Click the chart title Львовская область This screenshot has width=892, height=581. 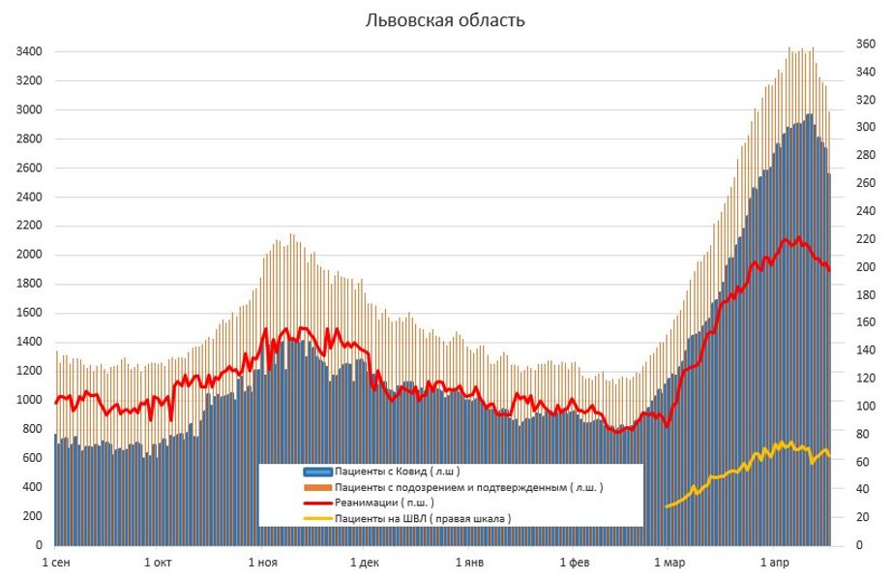pos(445,20)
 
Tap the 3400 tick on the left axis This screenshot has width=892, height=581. pos(28,51)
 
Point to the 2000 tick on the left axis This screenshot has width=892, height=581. pos(28,255)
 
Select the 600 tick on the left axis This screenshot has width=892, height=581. pos(32,458)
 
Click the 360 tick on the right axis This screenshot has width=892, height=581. pos(864,44)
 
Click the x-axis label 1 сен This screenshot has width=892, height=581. pos(55,562)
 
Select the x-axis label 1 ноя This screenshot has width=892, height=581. pos(262,562)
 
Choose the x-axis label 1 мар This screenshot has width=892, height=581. pos(669,562)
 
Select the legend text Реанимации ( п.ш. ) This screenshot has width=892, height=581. pos(384,503)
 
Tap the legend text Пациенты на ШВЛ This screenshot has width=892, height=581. pos(422,518)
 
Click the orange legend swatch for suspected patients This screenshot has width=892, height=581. pos(317,487)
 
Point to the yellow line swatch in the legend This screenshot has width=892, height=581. pos(317,518)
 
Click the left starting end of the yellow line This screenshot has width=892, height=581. pos(667,506)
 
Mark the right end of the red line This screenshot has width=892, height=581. pos(829,269)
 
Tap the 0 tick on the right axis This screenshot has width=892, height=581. pos(858,545)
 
